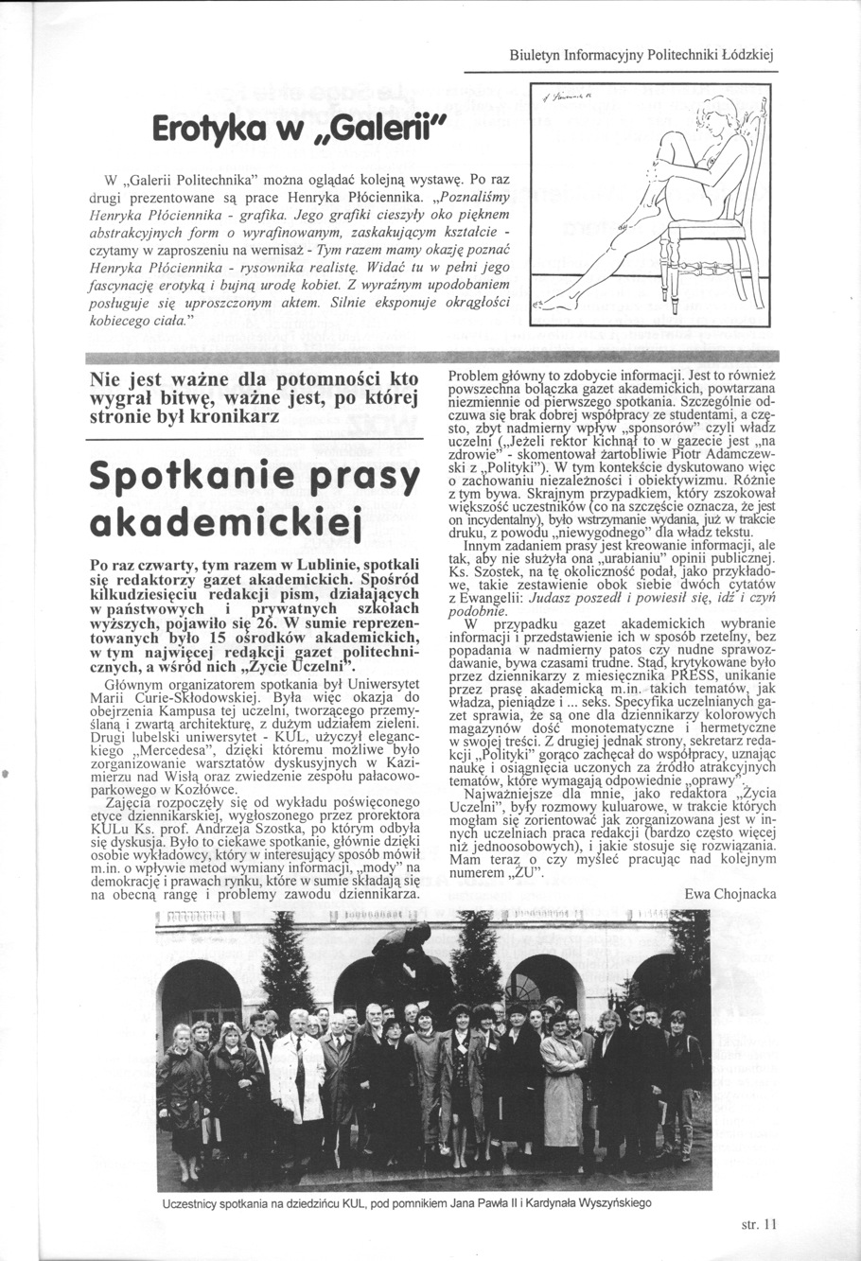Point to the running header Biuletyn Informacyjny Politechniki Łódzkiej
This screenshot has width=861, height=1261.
coord(642,55)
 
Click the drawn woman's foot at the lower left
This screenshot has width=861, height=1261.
coord(558,305)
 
